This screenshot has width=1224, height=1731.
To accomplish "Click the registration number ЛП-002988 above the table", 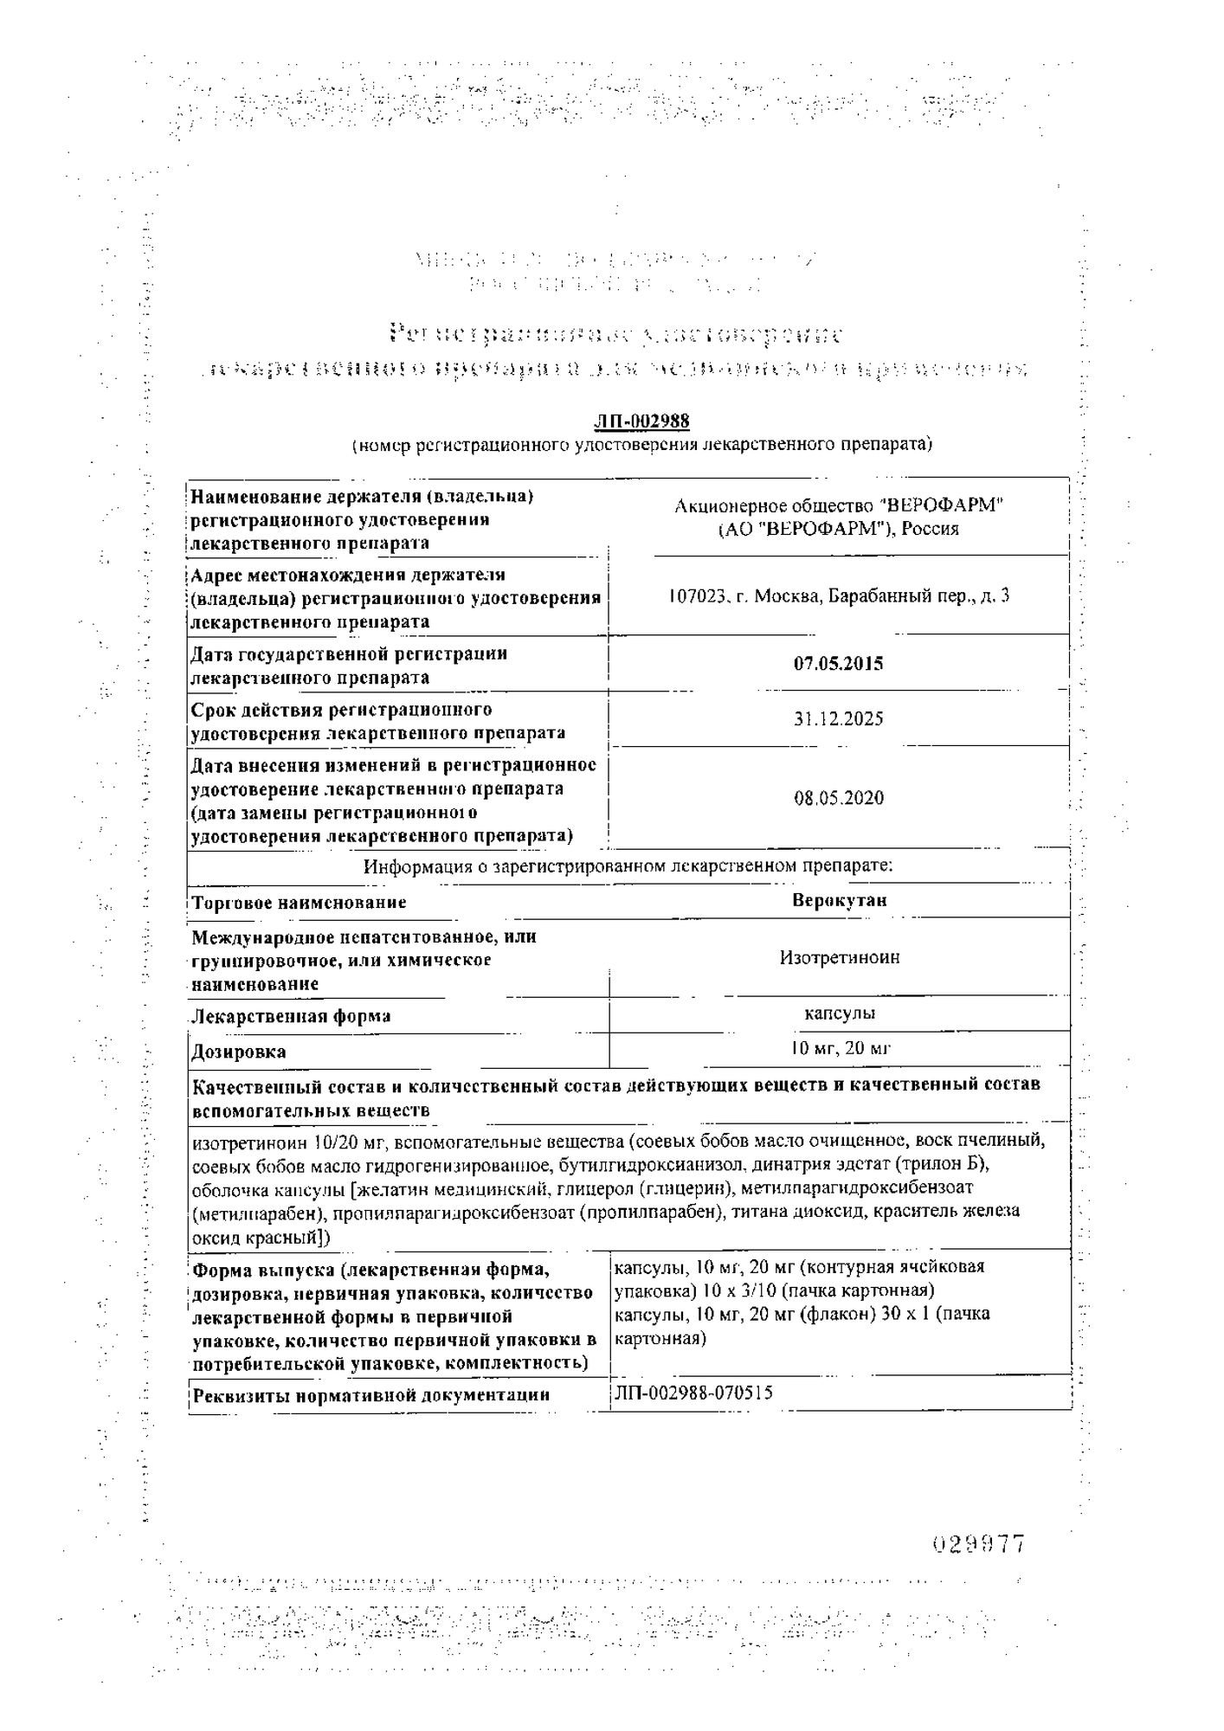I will click(641, 421).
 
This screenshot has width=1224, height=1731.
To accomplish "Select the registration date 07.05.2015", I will click(838, 664).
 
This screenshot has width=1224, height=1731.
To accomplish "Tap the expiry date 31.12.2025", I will click(838, 719).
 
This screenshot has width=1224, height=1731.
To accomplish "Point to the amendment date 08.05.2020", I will click(838, 798).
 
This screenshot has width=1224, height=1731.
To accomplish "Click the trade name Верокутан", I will click(839, 900).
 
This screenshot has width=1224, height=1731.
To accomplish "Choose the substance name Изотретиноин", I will click(839, 957).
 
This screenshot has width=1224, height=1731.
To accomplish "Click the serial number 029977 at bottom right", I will click(978, 1544).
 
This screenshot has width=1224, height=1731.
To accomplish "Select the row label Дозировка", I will click(239, 1052).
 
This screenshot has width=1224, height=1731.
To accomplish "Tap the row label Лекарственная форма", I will click(291, 1016).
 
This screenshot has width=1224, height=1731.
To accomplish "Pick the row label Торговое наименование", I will click(299, 903).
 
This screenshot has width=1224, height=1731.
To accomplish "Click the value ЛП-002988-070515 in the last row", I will click(693, 1393).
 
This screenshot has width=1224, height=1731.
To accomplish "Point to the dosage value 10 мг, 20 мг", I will click(839, 1049).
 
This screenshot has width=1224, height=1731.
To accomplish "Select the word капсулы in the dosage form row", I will click(839, 1013).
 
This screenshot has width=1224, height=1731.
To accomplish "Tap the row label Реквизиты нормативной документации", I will click(370, 1395).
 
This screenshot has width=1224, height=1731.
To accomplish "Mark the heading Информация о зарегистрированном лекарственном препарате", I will click(628, 865).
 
